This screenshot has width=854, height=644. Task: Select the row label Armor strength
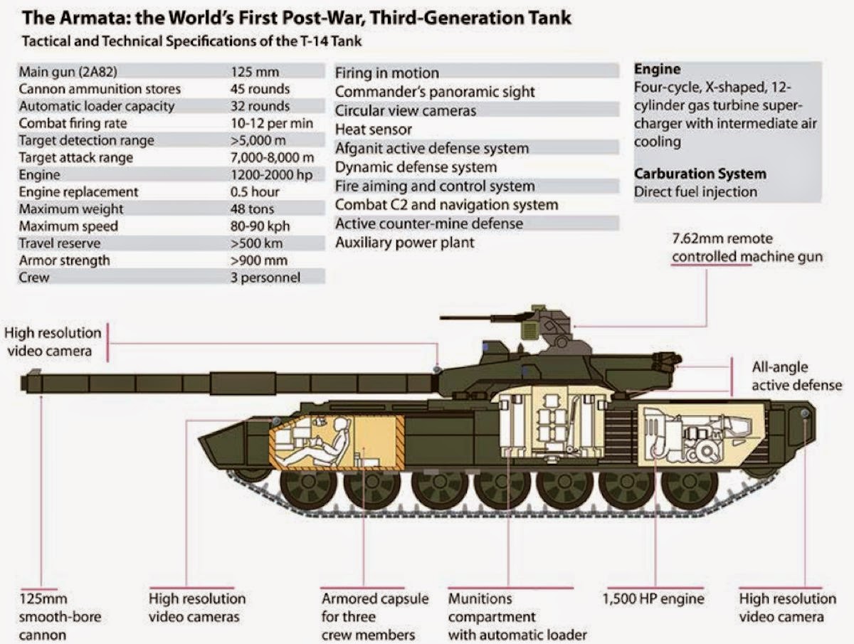pyautogui.click(x=64, y=260)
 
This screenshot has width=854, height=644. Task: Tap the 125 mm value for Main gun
pyautogui.click(x=255, y=72)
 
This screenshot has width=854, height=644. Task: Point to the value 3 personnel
pyautogui.click(x=265, y=278)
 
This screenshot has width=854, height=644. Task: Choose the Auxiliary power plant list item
pyautogui.click(x=404, y=243)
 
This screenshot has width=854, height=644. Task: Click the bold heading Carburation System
pyautogui.click(x=700, y=174)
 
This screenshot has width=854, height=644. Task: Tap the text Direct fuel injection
pyautogui.click(x=695, y=191)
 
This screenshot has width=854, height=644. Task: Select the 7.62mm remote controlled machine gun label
pyautogui.click(x=747, y=248)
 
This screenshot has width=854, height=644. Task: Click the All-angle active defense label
pyautogui.click(x=796, y=376)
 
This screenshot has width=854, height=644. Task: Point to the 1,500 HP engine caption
pyautogui.click(x=653, y=599)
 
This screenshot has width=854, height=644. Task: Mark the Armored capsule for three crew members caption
pyautogui.click(x=374, y=616)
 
